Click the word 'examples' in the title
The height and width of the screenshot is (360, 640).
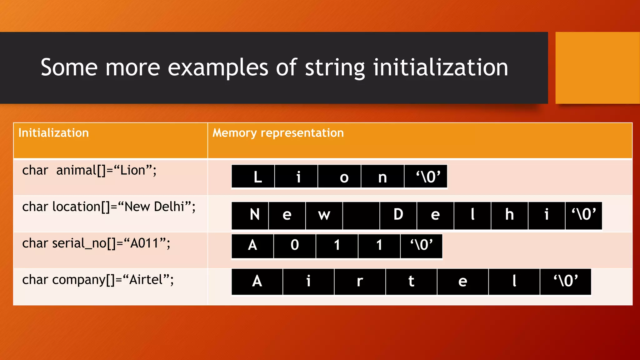click(218, 67)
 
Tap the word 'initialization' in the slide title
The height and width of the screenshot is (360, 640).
click(441, 67)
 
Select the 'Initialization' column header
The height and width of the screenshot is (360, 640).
click(53, 133)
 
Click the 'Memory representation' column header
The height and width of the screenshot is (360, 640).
click(278, 133)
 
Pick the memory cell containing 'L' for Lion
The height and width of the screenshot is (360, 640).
click(253, 177)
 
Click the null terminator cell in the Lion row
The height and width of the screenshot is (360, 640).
click(426, 177)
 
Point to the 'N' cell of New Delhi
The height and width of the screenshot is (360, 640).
click(250, 215)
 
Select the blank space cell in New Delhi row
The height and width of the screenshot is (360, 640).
click(361, 215)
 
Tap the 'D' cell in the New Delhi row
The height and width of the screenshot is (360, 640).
click(398, 215)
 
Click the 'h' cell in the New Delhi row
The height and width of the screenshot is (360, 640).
click(509, 215)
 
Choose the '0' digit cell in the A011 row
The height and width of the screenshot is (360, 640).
click(295, 246)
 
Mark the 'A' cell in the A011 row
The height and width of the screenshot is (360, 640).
click(252, 246)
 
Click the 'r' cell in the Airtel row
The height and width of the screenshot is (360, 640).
click(360, 281)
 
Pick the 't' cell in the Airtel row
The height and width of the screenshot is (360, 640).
click(411, 281)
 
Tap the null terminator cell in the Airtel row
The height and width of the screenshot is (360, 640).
click(566, 281)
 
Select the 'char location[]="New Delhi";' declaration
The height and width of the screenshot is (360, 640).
click(109, 207)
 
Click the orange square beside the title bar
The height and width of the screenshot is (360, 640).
click(597, 67)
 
